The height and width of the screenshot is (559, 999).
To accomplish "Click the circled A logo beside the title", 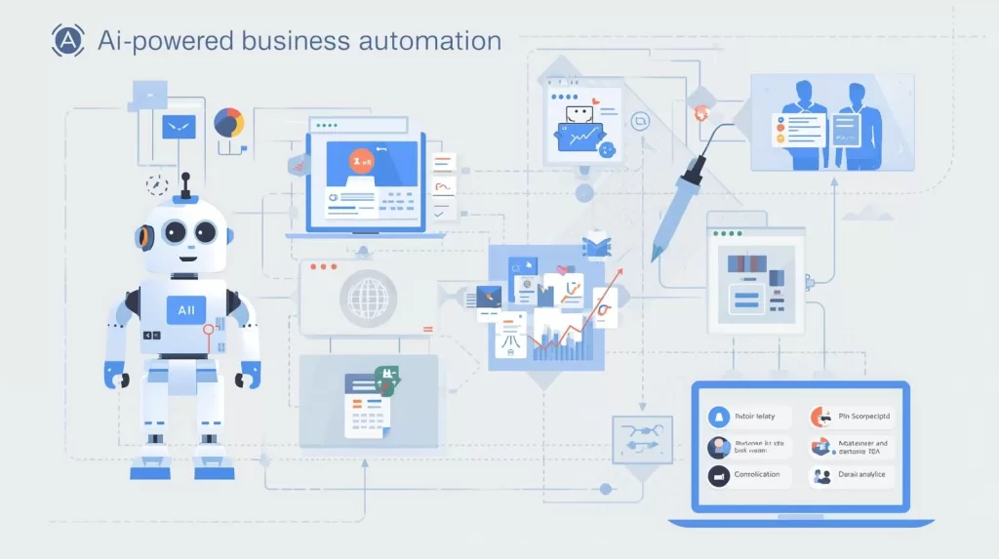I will click(x=66, y=41).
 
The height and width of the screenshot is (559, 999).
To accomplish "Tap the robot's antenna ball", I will click(x=183, y=178).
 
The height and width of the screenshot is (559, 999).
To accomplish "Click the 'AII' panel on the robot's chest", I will click(x=186, y=309).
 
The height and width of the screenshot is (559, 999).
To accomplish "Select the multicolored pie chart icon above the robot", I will click(x=228, y=123).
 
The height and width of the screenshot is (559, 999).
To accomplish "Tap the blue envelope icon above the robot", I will click(x=180, y=126).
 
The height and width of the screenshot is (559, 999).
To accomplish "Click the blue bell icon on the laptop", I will click(x=720, y=417).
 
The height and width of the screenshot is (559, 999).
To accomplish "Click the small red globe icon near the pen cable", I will click(x=699, y=114).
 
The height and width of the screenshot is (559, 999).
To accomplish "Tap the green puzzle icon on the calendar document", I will click(x=385, y=377).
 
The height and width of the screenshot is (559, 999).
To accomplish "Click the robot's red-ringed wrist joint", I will click(x=207, y=331).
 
